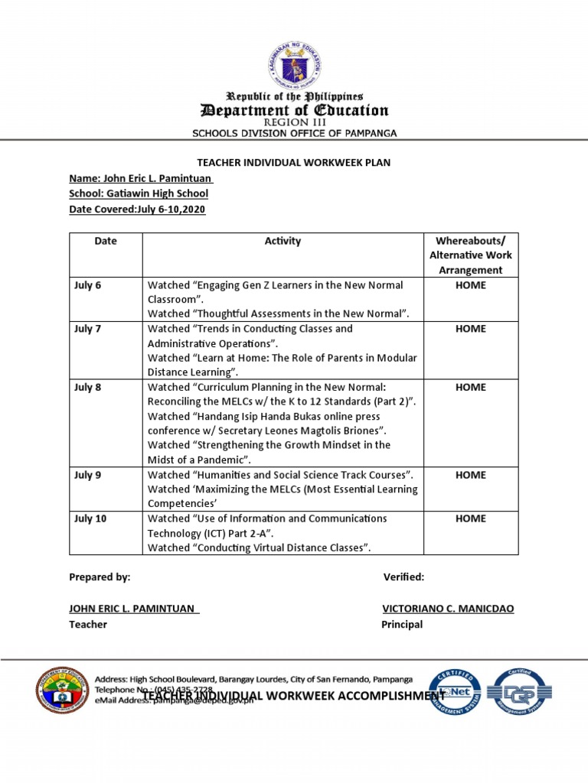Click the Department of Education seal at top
coord(295,65)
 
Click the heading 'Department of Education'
coord(295,111)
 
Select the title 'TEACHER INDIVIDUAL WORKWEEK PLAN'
coord(294,163)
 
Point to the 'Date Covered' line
coord(137,209)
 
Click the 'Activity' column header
coord(283,241)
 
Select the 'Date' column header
coord(106,241)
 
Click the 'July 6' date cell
coord(87,285)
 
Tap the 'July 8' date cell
coord(87,387)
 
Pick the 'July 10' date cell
coord(90,518)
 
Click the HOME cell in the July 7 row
coord(470,329)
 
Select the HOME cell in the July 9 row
coord(470,475)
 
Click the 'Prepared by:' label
coord(100,577)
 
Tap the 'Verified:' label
coord(403,577)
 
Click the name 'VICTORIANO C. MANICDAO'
coord(448,609)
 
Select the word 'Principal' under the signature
coord(402,625)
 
